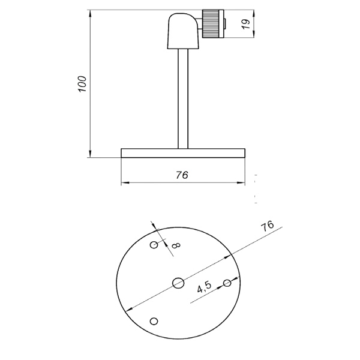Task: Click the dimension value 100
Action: click(83, 83)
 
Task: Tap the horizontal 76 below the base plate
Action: click(182, 175)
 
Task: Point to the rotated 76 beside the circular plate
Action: click(268, 226)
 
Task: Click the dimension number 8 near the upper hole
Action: click(175, 245)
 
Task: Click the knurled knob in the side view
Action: click(211, 24)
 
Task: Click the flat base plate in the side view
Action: click(183, 153)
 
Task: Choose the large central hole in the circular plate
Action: click(178, 283)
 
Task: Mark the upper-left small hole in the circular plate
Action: click(154, 244)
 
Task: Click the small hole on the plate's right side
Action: click(227, 283)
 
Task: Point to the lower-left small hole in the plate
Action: click(154, 321)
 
